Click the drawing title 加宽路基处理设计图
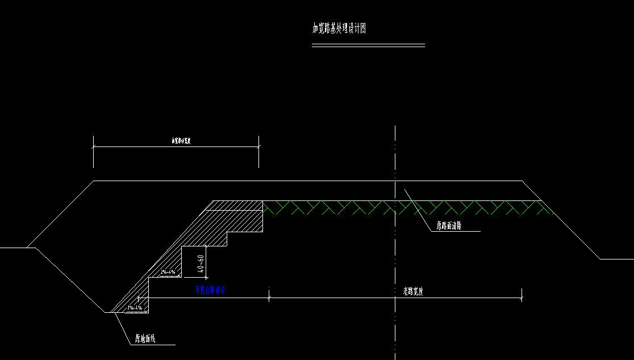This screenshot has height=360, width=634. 339,29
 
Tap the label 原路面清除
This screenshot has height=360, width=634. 449,225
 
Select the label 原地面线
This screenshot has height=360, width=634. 145,339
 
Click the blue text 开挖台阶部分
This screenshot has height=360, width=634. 211,290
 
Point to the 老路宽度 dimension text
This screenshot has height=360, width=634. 410,292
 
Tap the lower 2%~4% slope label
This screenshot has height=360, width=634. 135,308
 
